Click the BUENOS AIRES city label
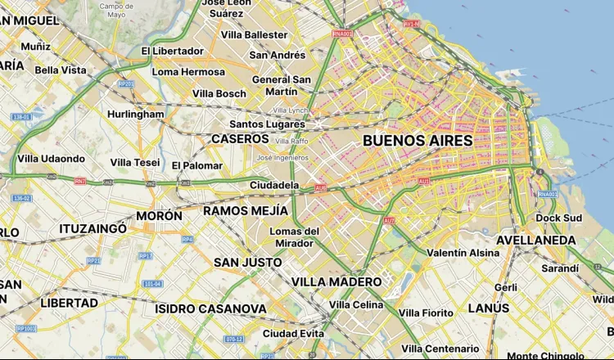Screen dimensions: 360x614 point(418,141)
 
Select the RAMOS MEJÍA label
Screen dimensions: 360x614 point(245,211)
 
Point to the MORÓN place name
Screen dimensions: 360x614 point(159,216)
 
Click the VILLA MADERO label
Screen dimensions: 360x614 point(336,282)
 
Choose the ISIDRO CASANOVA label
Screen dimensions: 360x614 point(210,309)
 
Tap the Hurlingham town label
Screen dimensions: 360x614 point(135,115)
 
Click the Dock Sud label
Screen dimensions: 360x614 point(558,218)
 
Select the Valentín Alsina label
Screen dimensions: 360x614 point(463,254)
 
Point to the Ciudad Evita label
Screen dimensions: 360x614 point(293,334)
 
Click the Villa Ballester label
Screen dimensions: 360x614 point(255,35)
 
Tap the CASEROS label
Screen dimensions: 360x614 point(240,139)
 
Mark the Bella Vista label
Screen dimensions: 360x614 point(61,70)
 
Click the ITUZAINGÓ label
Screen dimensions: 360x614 point(93,229)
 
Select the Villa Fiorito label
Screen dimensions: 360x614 point(426,313)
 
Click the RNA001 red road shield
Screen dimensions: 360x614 point(341,34)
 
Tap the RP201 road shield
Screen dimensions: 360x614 point(125,83)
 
